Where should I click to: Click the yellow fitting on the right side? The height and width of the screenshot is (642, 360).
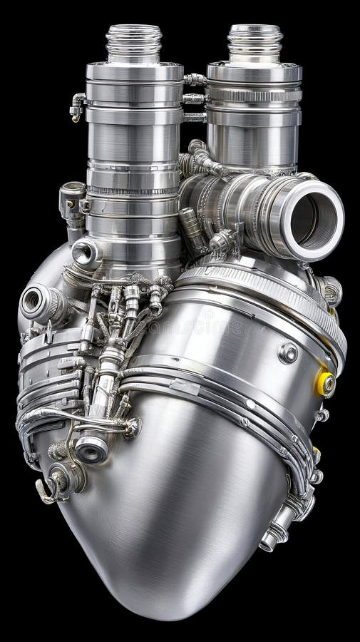[325, 384]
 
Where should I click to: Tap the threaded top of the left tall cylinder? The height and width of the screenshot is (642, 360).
[134, 43]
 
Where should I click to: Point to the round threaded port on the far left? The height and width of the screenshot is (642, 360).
[32, 301]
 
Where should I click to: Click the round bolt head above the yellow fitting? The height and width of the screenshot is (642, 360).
[288, 353]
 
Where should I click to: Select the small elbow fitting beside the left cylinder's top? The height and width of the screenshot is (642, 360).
[77, 107]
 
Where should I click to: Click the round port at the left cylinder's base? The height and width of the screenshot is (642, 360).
[86, 251]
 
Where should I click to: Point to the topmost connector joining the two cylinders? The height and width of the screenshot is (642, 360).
[194, 80]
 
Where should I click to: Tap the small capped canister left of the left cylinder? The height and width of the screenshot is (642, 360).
[72, 202]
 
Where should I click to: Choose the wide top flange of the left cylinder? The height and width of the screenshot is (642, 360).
[135, 72]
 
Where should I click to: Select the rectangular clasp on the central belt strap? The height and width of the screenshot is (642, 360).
[185, 386]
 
